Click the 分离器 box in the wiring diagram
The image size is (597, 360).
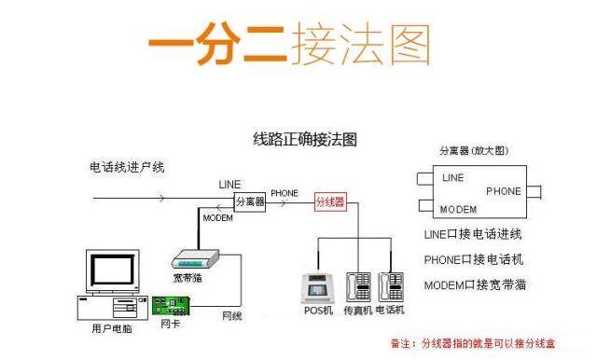coord(250,202)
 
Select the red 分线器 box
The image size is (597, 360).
coord(330,201)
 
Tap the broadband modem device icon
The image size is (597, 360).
coord(195,259)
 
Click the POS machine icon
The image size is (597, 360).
coord(317,288)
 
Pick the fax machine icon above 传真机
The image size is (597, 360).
coord(358,287)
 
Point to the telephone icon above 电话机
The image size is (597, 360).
coord(391,287)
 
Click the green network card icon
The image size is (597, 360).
coord(171,306)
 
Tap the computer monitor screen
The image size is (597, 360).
coord(112,270)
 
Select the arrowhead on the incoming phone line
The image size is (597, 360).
coord(161,199)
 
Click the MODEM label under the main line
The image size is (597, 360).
coord(217,218)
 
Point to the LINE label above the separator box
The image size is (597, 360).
coord(229,185)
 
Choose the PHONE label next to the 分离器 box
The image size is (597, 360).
coord(285,193)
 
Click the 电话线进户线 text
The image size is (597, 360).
coord(127,167)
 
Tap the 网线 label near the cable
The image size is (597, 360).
coord(232,316)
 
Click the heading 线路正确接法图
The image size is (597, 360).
coord(305,139)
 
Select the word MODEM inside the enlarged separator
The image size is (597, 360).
coord(458,209)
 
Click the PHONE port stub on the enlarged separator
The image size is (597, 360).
coord(534,192)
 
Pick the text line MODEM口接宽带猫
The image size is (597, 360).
coord(475,284)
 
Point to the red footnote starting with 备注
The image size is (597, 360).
coord(473,343)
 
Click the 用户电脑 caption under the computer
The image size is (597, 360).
coord(112,328)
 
